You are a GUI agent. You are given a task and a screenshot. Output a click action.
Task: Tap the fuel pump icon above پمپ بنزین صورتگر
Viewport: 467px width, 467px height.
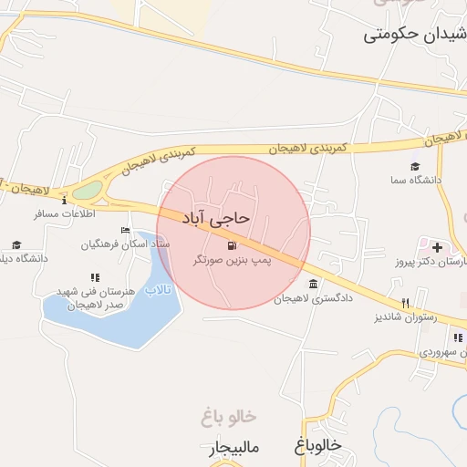pos(231,245)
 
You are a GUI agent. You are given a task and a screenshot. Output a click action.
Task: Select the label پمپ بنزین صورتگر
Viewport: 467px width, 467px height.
pos(233,261)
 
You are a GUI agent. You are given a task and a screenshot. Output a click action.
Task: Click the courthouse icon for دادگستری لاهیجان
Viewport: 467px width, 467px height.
pos(314,284)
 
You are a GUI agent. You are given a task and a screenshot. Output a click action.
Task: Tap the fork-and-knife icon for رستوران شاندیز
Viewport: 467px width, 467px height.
pos(405,303)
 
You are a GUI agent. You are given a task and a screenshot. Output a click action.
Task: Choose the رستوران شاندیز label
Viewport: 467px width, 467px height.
pos(405,317)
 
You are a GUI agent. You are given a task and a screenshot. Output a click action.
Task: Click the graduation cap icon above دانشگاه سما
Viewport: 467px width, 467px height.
pos(415,166)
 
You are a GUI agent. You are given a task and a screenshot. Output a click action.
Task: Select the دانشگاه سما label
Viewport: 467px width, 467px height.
pos(417,180)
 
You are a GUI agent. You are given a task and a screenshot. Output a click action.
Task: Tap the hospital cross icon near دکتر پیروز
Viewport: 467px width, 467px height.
pos(437,247)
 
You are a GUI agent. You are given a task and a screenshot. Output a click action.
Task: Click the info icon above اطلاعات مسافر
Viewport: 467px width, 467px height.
pos(64,200)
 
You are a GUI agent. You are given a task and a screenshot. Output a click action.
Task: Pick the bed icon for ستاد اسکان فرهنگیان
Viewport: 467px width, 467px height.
pos(125,231)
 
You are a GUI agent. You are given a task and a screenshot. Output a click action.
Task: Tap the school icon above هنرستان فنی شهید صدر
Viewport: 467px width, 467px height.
pos(95,277)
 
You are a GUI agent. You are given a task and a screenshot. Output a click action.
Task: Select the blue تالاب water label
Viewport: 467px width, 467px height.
pos(159,289)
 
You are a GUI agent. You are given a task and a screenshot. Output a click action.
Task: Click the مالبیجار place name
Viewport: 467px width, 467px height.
pos(234,448)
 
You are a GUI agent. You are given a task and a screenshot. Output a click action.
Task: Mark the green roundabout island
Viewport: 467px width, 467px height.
pos(88,191)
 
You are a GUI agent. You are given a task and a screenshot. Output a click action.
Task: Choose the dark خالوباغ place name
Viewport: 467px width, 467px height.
pos(317,444)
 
